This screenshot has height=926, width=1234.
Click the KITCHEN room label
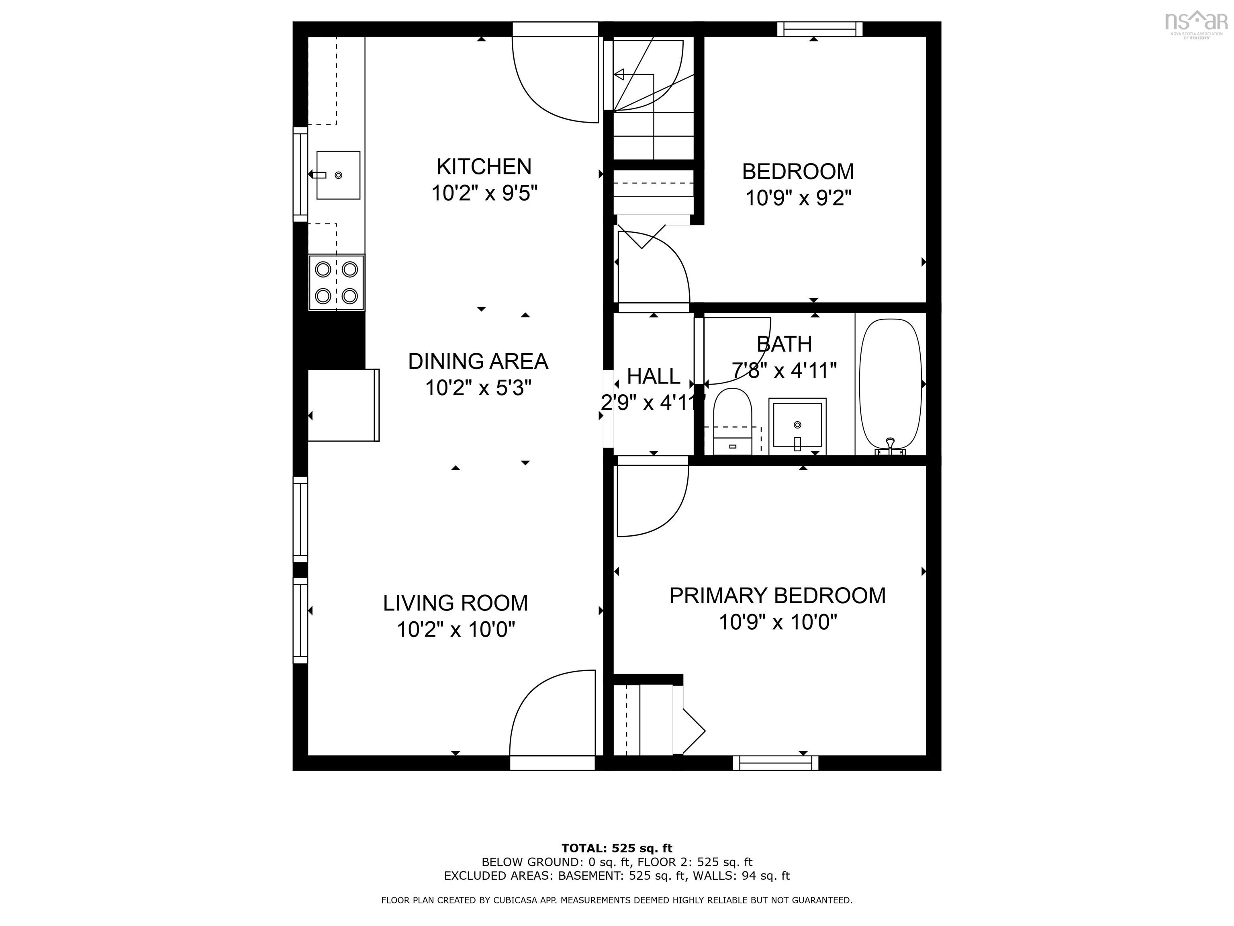pos(484,166)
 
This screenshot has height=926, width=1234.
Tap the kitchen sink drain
pos(338,175)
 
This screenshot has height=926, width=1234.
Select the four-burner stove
pos(336,283)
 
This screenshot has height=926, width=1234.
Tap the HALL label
pos(653,376)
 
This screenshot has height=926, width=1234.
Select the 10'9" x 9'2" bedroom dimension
pos(798,198)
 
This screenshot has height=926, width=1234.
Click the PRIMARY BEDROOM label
pos(777,596)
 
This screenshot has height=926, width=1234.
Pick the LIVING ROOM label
pos(455,603)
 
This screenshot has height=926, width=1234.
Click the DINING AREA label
pos(478,361)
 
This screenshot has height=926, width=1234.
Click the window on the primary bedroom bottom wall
pos(775,763)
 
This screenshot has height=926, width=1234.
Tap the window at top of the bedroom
pos(819,29)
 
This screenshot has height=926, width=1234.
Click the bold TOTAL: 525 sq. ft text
pos(617,849)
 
